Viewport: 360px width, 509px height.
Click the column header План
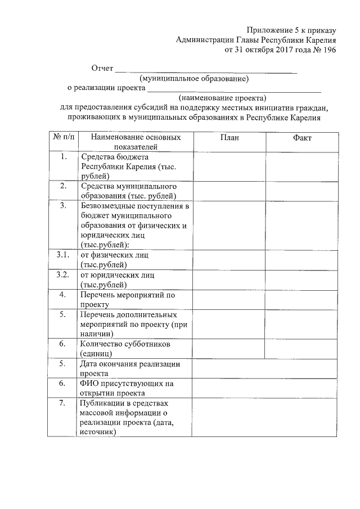pos(229,138)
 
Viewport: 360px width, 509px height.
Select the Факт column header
pos(301,138)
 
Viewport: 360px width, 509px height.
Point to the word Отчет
pos(102,69)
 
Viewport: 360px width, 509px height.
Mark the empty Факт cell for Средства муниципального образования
pos(301,190)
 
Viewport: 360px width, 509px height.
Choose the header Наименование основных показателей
pos(136,142)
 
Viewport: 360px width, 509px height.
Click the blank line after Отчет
pos(205,70)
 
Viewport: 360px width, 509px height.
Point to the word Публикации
pos(103,403)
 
